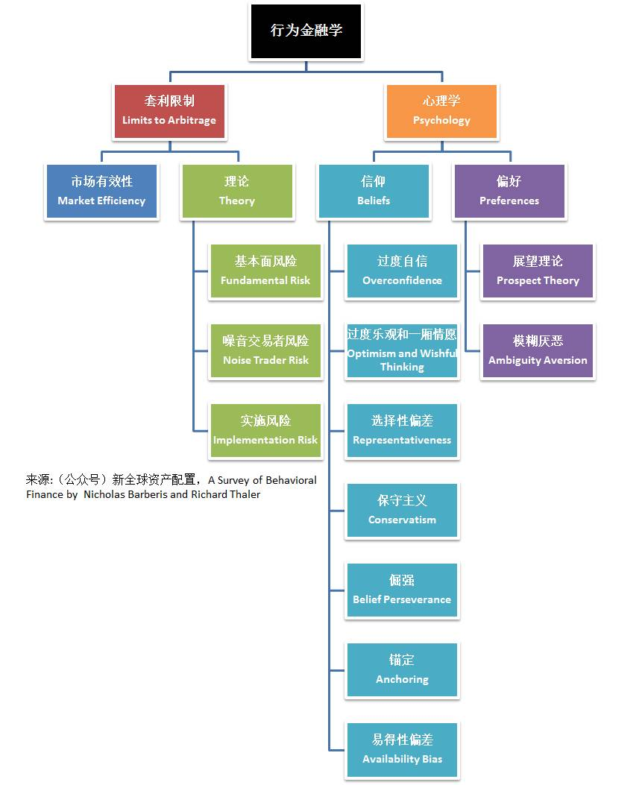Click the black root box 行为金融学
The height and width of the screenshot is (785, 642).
(x=306, y=31)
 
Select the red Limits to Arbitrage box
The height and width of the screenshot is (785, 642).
(x=169, y=111)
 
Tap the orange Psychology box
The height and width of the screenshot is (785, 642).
(x=441, y=111)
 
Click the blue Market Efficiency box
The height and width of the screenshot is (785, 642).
(x=101, y=192)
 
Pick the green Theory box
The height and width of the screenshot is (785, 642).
(x=237, y=192)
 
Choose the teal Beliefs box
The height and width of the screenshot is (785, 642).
(x=374, y=192)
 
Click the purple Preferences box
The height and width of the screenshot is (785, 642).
(x=509, y=192)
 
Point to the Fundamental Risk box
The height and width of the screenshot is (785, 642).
(x=265, y=271)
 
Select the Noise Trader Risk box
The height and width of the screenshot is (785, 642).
(x=265, y=351)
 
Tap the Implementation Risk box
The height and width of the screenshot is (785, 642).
(x=265, y=431)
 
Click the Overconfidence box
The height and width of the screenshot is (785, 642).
(x=402, y=271)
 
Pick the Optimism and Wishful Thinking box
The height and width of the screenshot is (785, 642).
(x=402, y=351)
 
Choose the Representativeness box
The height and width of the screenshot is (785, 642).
(x=402, y=431)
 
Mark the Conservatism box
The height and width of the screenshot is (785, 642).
(x=402, y=511)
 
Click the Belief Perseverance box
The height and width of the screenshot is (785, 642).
(x=402, y=590)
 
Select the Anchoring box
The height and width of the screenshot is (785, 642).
(x=402, y=670)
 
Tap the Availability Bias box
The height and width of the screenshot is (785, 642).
(x=402, y=750)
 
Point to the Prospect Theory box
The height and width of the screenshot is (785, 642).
(x=538, y=271)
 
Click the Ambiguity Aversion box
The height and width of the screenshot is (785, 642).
(x=538, y=351)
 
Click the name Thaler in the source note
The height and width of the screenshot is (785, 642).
(x=245, y=494)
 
